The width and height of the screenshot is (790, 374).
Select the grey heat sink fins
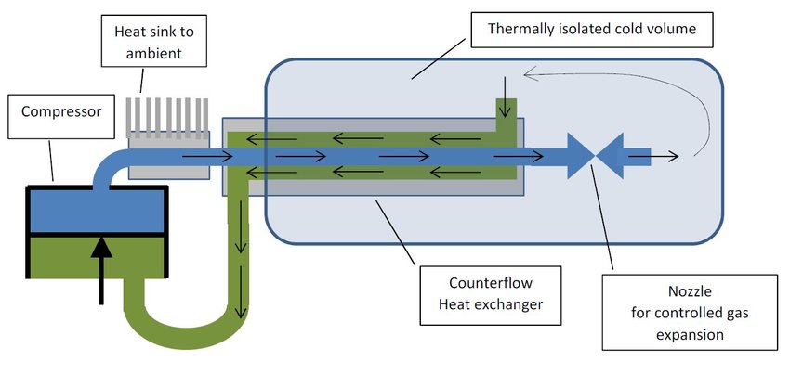[x=168, y=110]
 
